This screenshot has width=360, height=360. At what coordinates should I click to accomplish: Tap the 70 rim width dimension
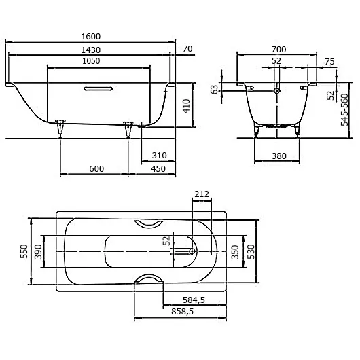[x=188, y=48]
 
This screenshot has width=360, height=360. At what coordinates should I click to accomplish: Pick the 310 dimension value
[x=160, y=156]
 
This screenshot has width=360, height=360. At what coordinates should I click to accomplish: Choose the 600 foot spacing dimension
[x=95, y=169]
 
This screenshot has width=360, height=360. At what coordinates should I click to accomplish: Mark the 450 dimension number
[x=158, y=169]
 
